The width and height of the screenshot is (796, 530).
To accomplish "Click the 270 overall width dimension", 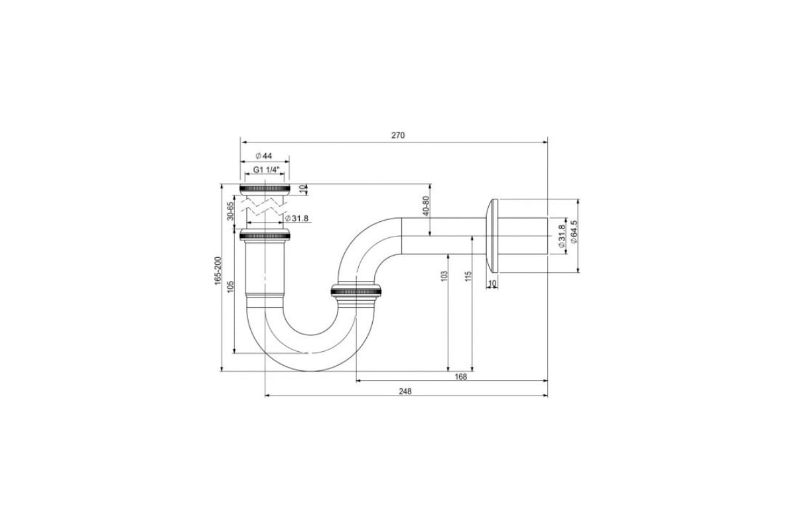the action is point(398,135).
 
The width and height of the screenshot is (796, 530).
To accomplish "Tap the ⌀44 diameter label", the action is point(264,156).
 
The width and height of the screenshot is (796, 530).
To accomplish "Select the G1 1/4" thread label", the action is point(267,170).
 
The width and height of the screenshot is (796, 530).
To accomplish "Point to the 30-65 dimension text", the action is point(231,211).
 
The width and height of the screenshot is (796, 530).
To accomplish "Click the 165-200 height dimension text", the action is point(218,270).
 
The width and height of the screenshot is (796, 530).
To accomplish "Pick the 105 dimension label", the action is point(231,286).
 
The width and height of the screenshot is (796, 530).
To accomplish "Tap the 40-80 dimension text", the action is point(426,206).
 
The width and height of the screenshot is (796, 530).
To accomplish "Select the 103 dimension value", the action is point(444,276).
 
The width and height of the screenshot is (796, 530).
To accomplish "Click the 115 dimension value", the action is point(468,276).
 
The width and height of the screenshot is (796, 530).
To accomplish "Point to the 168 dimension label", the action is point(460,377).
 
